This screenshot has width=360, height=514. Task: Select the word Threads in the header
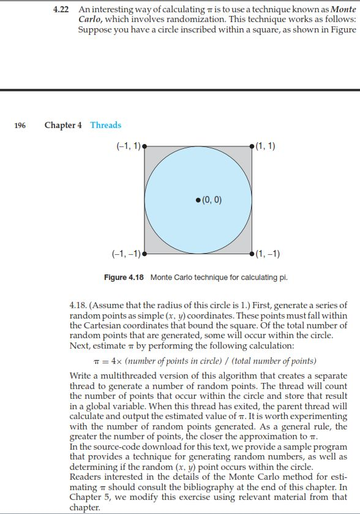106,125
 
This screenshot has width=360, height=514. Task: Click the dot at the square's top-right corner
252,146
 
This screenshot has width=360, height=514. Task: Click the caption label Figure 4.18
124,278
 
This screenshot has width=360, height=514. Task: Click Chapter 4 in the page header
63,125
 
